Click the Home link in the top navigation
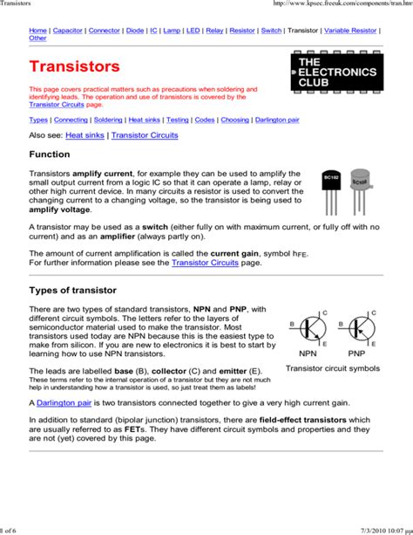pos(37,30)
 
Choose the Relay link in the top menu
pos(214,30)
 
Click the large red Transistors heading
pos(74,67)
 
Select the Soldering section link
pos(108,120)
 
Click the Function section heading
pos(50,154)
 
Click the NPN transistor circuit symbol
pos(308,329)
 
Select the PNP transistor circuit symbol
pos(357,329)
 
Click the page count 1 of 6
pos(10,530)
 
